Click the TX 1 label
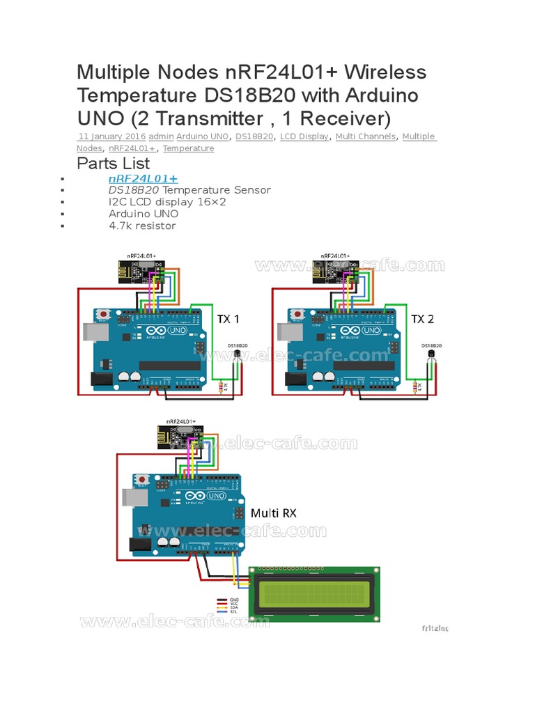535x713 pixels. point(227,319)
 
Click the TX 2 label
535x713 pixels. point(422,319)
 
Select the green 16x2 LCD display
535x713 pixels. point(316,594)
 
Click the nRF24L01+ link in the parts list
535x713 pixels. point(143,179)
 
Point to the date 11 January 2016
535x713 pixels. point(111,136)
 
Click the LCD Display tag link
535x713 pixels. point(304,136)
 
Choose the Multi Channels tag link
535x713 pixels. point(366,136)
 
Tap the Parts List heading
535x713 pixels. point(113,164)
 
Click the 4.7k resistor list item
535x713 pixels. point(142,226)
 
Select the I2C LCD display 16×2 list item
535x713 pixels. point(167,202)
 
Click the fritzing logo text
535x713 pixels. point(435,628)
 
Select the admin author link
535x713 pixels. point(161,136)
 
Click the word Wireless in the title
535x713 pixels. point(378,72)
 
